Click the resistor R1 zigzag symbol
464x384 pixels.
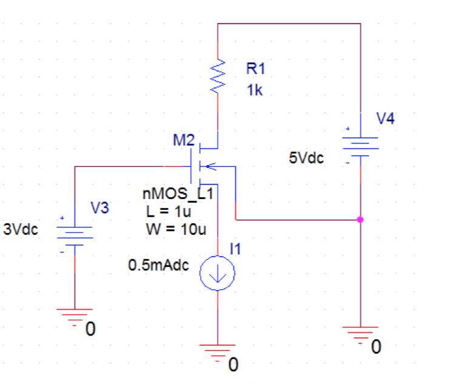pyautogui.click(x=218, y=77)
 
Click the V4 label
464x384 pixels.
pyautogui.click(x=385, y=118)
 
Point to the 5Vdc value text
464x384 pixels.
pyautogui.click(x=306, y=159)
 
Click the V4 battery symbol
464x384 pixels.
pyautogui.click(x=360, y=146)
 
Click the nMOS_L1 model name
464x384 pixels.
pyautogui.click(x=177, y=195)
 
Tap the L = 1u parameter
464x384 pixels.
pyautogui.click(x=169, y=212)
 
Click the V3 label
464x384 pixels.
pyautogui.click(x=100, y=209)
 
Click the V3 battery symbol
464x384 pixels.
pyautogui.click(x=75, y=236)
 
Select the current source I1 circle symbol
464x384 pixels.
pyautogui.click(x=218, y=274)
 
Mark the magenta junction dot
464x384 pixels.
pyautogui.click(x=360, y=220)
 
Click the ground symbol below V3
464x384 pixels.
pyautogui.click(x=75, y=316)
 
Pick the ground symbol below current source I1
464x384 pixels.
pyautogui.click(x=218, y=351)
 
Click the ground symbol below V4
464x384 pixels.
pyautogui.click(x=360, y=333)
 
